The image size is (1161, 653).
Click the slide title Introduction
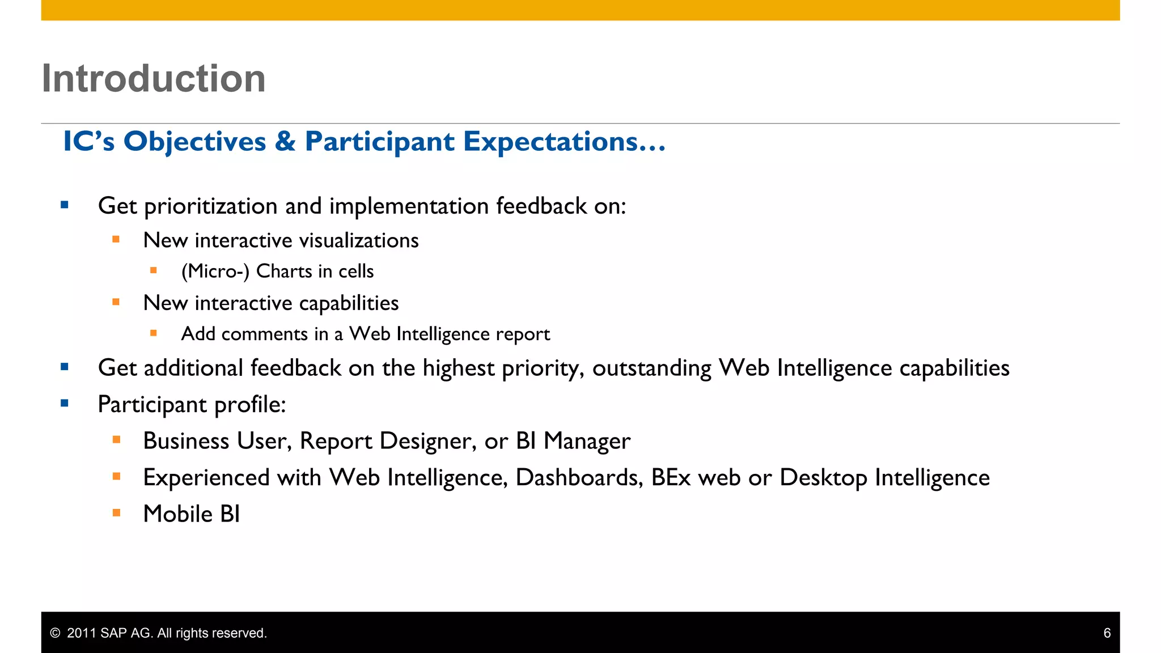tap(154, 78)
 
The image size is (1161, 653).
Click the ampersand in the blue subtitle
tap(285, 141)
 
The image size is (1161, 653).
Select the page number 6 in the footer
tap(1107, 633)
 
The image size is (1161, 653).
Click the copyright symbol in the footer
tap(55, 633)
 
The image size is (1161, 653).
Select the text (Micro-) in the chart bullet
tap(215, 272)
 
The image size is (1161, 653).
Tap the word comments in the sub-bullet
tap(264, 334)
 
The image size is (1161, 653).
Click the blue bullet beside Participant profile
tap(65, 404)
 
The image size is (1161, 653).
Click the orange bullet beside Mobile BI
tap(116, 513)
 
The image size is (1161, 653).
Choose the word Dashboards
tap(579, 478)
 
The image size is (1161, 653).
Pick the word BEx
tap(671, 478)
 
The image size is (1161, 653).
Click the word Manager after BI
tap(587, 441)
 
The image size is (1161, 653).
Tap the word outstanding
tap(652, 368)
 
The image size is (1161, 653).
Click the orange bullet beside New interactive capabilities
tap(116, 302)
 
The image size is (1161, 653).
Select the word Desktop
tap(823, 478)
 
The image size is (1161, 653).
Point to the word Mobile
tap(177, 514)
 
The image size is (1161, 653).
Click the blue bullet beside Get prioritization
tap(65, 205)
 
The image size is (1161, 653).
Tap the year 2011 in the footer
tap(82, 633)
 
